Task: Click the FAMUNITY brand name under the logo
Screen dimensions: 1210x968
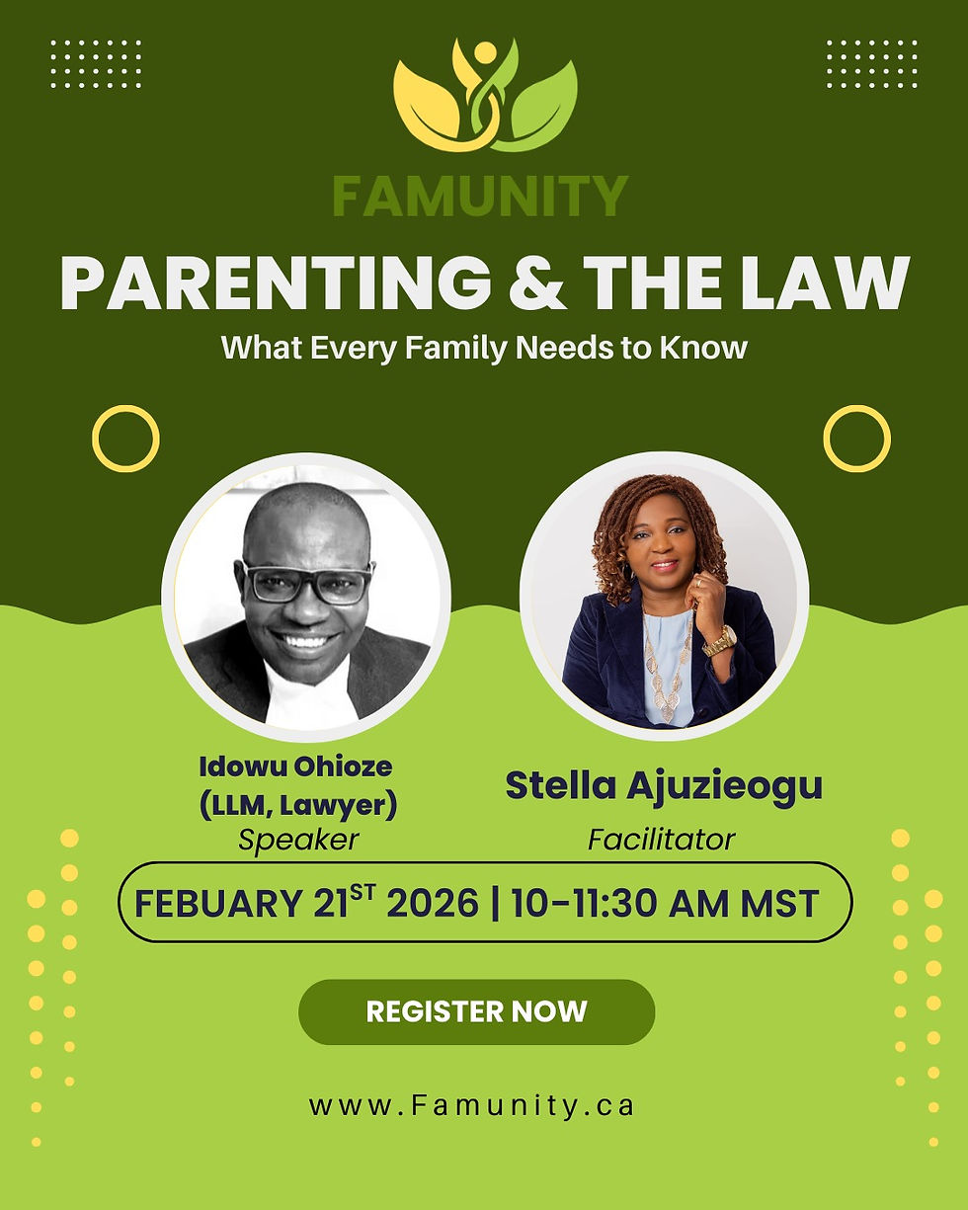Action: (480, 196)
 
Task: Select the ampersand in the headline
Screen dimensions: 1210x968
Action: (540, 284)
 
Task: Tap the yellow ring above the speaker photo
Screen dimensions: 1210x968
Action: (125, 438)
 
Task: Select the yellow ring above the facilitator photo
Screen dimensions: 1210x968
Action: (856, 438)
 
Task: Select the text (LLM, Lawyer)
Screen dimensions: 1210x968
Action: (297, 805)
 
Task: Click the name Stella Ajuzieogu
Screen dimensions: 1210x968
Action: (663, 786)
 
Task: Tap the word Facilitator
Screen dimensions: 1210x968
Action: (662, 840)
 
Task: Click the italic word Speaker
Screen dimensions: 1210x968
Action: (298, 840)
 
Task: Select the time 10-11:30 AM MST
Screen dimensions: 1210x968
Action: (665, 904)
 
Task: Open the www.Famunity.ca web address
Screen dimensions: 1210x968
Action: (471, 1105)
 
